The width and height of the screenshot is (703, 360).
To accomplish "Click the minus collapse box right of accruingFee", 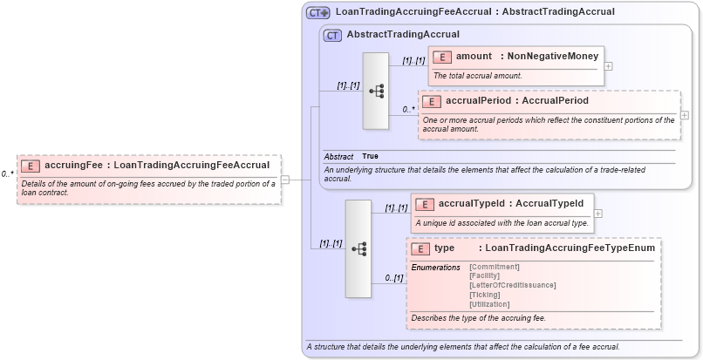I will [x=285, y=180].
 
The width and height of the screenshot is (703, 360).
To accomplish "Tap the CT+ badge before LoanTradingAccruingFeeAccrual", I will [x=318, y=12].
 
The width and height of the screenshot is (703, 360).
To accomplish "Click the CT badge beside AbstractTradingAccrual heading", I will [x=332, y=35].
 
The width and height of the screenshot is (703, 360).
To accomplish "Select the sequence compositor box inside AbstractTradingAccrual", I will [x=376, y=91].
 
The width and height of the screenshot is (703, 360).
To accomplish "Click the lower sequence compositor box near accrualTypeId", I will [x=358, y=248].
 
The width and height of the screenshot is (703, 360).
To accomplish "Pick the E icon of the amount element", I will [x=442, y=57].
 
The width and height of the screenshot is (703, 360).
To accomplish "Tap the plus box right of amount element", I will [x=608, y=66].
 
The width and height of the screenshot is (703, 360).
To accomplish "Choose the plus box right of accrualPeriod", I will [x=685, y=115].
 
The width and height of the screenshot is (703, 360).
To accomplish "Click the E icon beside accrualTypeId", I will [x=425, y=204].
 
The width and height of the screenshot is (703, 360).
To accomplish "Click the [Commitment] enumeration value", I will [x=494, y=266].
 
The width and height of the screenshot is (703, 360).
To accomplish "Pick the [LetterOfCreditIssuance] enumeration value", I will [x=512, y=285].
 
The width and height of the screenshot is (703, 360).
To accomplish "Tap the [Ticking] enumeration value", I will [x=485, y=295].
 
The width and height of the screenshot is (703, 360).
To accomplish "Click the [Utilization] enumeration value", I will [x=489, y=304].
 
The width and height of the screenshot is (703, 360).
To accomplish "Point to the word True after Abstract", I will [x=371, y=156].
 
